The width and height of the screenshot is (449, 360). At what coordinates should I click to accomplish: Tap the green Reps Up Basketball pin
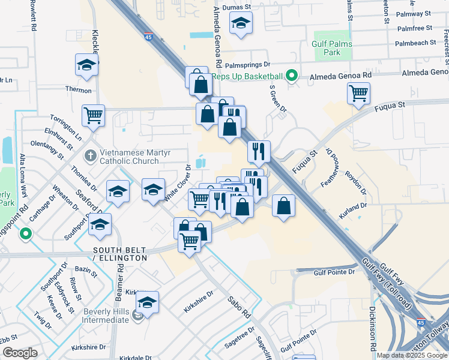pos(292,76)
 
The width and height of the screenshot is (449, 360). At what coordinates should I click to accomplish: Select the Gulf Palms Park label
pos(334,48)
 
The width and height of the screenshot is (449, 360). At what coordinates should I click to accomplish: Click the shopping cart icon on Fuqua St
pos(358,93)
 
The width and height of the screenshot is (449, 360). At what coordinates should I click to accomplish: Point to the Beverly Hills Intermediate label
pos(97,316)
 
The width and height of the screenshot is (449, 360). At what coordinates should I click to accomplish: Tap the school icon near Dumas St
pos(241,24)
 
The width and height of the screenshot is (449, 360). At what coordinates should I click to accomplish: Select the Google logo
pos(20,353)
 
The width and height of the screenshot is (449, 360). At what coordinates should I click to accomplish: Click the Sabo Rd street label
pos(238,307)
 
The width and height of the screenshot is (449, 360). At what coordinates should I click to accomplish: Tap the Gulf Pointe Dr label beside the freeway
pos(334,272)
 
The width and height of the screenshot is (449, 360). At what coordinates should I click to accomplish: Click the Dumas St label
pos(235,7)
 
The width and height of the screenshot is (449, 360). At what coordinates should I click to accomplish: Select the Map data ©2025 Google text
pos(412,355)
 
